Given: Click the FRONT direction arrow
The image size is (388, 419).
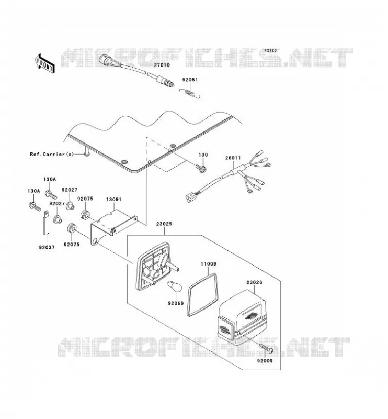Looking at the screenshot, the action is click(44, 63).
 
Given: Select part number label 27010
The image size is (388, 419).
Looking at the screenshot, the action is click(162, 65).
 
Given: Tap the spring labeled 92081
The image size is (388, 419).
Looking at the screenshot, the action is click(190, 93).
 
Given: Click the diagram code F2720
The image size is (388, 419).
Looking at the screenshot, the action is click(270, 50).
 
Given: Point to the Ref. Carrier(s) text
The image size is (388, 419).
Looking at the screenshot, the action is click(52, 154).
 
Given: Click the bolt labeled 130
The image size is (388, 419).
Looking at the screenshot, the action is click(200, 168).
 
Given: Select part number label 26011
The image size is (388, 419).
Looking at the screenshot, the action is click(233, 158).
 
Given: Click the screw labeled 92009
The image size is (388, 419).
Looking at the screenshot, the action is click(266, 348).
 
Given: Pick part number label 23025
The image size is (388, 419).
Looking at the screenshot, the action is click(164, 224).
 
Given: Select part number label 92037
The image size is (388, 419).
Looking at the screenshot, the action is click(47, 247).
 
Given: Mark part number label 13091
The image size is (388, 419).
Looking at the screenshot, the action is click(113, 200).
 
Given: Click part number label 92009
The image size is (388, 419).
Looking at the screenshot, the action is click(265, 361).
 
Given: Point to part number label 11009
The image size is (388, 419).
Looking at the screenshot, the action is click(209, 264).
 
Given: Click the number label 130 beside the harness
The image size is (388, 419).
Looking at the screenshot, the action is click(203, 155).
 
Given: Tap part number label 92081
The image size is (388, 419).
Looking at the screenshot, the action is click(190, 80).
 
